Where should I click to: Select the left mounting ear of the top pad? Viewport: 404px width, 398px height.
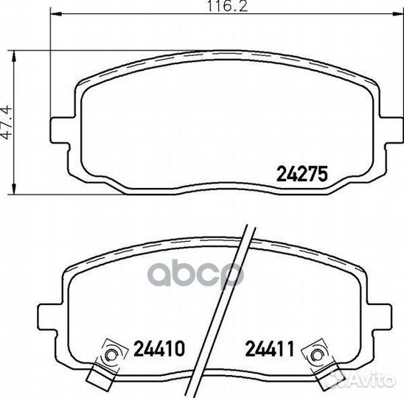click(60, 131)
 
